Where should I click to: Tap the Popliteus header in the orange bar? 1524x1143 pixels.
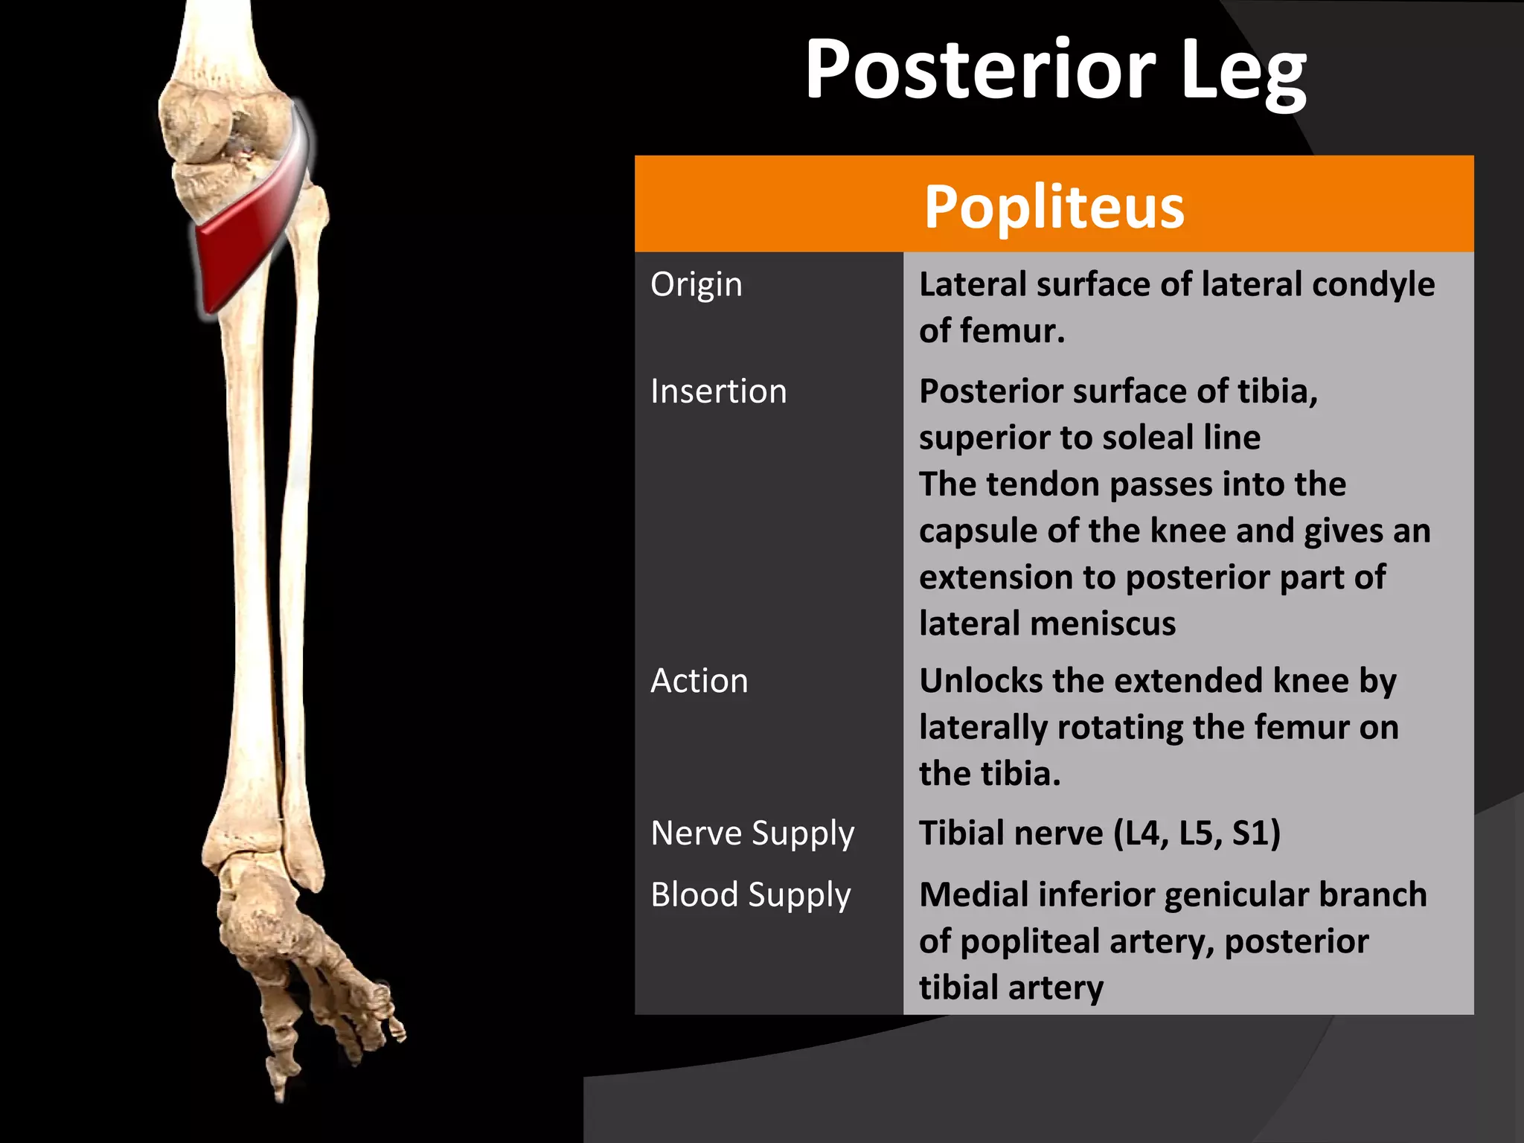tap(1054, 206)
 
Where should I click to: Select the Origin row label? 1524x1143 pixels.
tap(696, 285)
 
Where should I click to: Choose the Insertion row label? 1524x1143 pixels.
tap(718, 391)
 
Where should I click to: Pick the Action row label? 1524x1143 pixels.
tap(699, 681)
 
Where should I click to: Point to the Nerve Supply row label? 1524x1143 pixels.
tap(752, 833)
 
